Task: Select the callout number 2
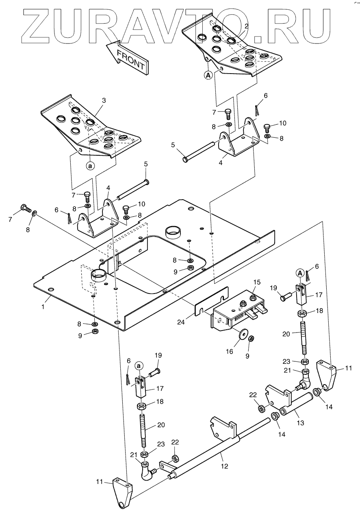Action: pyautogui.click(x=246, y=26)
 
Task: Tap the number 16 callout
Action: pyautogui.click(x=230, y=351)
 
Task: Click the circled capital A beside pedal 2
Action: pyautogui.click(x=208, y=75)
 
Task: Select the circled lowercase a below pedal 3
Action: pyautogui.click(x=90, y=165)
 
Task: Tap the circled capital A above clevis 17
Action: pyautogui.click(x=299, y=273)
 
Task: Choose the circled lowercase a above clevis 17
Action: pyautogui.click(x=139, y=366)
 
